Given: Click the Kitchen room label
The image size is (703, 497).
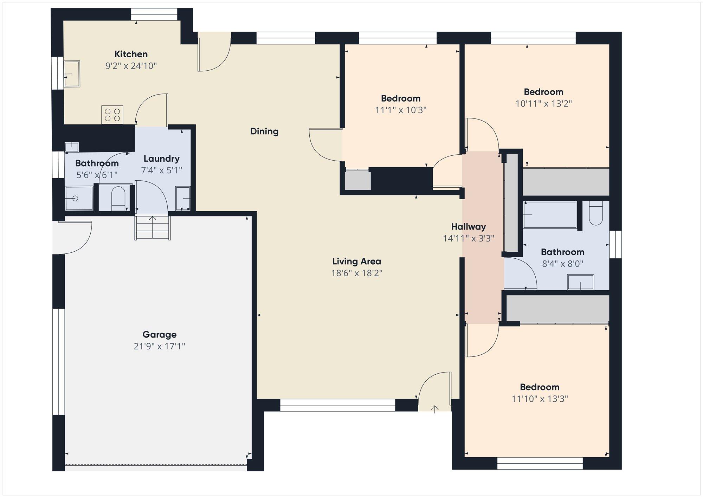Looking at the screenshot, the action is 131,54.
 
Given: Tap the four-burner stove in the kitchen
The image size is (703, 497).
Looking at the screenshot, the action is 112,115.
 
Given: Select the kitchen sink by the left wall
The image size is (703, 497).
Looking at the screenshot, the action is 72,74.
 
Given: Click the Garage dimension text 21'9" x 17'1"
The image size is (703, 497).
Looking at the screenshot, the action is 159,346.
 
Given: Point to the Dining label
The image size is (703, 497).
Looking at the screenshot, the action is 264,131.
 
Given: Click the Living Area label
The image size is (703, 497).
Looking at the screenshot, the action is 357,262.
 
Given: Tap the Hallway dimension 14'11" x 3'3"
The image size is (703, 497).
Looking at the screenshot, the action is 469,238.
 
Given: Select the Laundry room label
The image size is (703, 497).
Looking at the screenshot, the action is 161,159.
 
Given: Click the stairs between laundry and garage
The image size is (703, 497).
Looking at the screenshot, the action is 153,227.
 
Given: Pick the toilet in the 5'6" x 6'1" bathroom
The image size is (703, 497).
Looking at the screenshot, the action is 118,198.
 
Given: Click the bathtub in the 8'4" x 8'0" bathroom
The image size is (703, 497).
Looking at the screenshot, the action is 550,215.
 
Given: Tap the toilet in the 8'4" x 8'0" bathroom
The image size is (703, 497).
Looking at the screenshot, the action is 596,213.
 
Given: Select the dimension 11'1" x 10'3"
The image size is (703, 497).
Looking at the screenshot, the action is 401,110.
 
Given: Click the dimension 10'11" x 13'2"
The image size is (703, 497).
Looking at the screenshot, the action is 544,104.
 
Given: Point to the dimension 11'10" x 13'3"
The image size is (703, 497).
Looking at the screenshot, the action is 540,399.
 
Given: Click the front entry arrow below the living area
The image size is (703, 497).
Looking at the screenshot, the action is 435,409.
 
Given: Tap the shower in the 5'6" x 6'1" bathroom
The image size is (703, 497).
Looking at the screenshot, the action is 79,198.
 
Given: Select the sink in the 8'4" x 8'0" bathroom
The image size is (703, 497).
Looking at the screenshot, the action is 581,282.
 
